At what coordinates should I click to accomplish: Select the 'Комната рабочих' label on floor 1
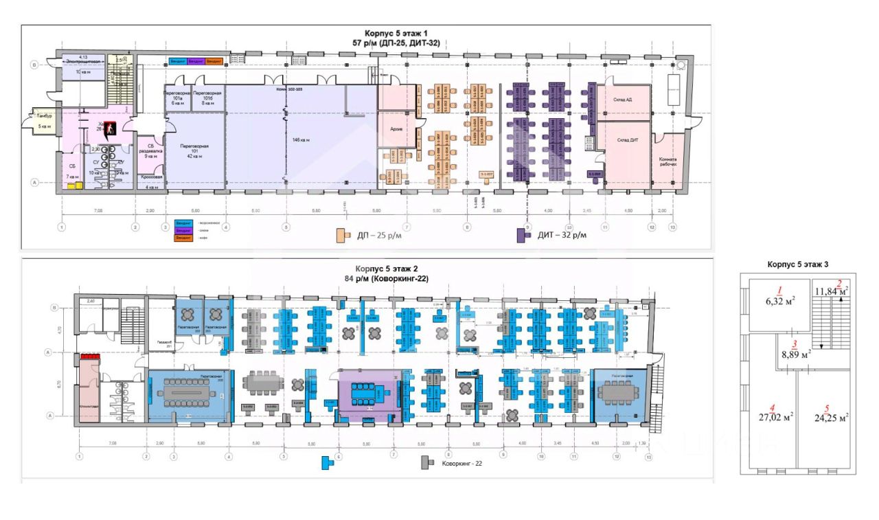[665, 161]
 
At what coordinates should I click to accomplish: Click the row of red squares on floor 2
[91, 357]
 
